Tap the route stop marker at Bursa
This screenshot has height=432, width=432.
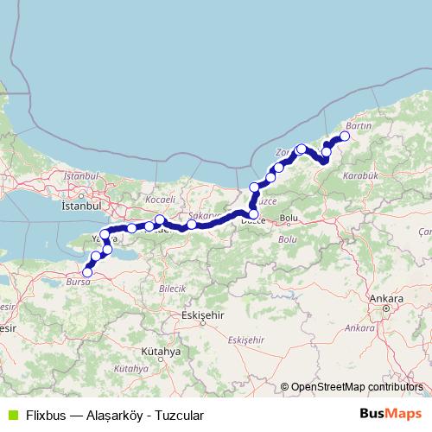(x=87, y=272)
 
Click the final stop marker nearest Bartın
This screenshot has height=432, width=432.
(x=345, y=137)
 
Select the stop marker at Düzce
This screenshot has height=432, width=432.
(x=253, y=214)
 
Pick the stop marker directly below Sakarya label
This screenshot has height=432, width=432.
(x=191, y=225)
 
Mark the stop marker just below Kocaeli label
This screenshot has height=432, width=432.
(x=160, y=219)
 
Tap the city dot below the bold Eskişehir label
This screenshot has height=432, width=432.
(x=201, y=325)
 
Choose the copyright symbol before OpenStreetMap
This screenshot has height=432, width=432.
(x=284, y=386)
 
